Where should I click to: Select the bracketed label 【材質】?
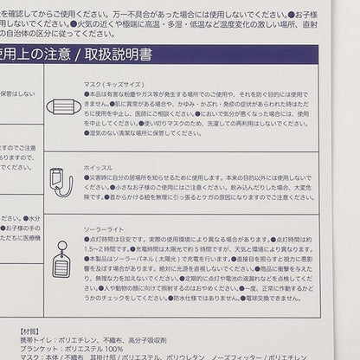(x=32, y=331)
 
